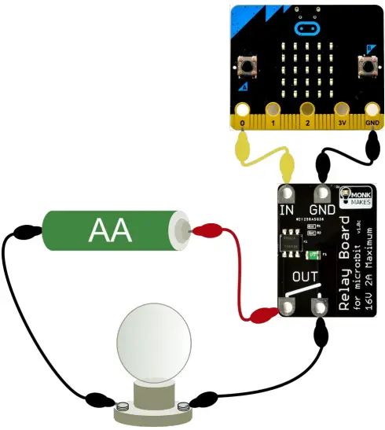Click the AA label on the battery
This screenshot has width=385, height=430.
(110, 230)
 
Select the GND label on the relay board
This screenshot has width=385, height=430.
(322, 210)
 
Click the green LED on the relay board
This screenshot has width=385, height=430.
(313, 254)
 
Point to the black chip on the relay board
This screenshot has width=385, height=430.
(291, 239)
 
